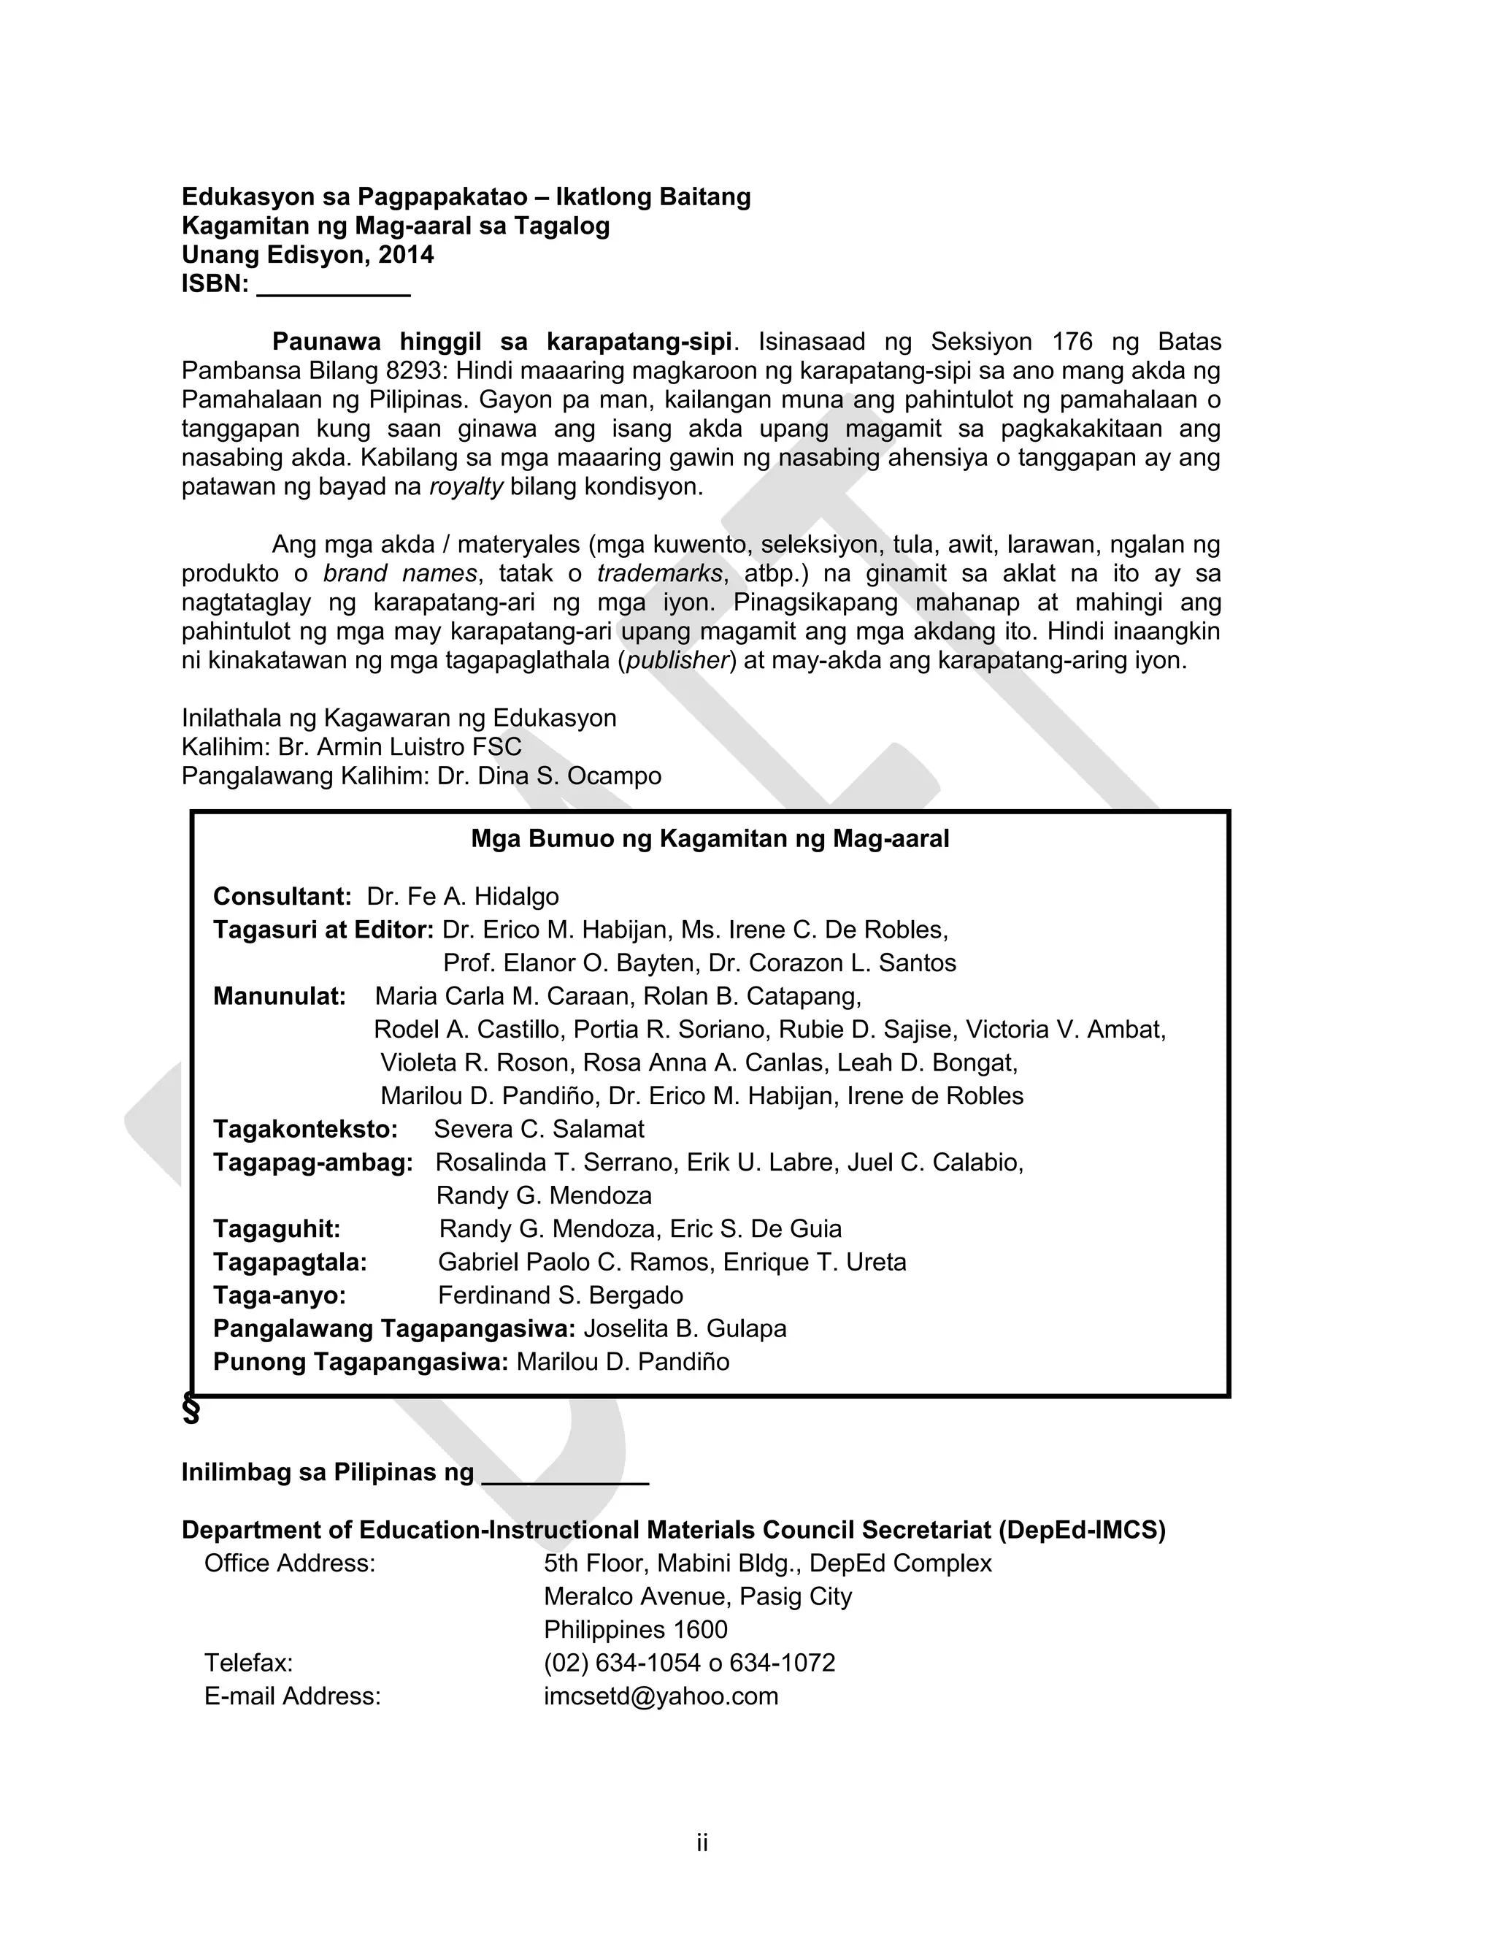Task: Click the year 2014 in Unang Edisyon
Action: pos(406,256)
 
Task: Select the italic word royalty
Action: pos(466,488)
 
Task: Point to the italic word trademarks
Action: pos(659,574)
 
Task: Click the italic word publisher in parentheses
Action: pos(679,662)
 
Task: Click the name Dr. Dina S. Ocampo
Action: pos(549,776)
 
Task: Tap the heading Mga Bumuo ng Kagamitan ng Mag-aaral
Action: pos(710,839)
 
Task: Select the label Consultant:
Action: pos(282,896)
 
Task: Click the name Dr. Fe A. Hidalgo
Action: pos(463,896)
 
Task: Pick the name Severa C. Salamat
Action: pos(539,1130)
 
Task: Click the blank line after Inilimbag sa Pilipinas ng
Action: pos(564,1477)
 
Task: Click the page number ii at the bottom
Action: pos(702,1843)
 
